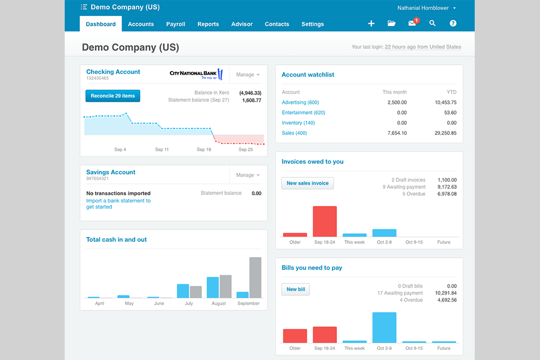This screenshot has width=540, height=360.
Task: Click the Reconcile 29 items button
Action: pyautogui.click(x=112, y=96)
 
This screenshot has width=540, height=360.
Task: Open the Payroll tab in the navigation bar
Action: pyautogui.click(x=175, y=24)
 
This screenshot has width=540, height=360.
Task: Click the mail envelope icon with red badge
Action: pyautogui.click(x=412, y=24)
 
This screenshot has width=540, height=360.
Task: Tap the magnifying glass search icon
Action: pyautogui.click(x=433, y=24)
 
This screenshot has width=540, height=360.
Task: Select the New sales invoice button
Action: pyautogui.click(x=308, y=183)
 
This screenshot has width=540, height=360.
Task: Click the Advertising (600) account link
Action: pyautogui.click(x=300, y=102)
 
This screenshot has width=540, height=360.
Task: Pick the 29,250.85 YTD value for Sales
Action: pyautogui.click(x=445, y=133)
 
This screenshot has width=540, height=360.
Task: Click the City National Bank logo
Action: pyautogui.click(x=196, y=74)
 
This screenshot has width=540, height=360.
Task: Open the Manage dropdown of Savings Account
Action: pyautogui.click(x=247, y=175)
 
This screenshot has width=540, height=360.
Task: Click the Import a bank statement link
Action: pyautogui.click(x=118, y=201)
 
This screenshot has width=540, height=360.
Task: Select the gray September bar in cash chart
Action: pyautogui.click(x=255, y=277)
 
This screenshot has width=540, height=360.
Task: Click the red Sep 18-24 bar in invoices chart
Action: pyautogui.click(x=325, y=221)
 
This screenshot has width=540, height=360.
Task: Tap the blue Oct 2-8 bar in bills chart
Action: pyautogui.click(x=384, y=327)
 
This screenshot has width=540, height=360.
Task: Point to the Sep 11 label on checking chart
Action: pyautogui.click(x=162, y=150)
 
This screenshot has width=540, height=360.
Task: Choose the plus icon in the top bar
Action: pyautogui.click(x=371, y=24)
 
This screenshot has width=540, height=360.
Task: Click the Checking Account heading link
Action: pyautogui.click(x=113, y=72)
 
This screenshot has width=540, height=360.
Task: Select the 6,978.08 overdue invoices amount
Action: pyautogui.click(x=445, y=194)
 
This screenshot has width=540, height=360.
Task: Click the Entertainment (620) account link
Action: pyautogui.click(x=303, y=112)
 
